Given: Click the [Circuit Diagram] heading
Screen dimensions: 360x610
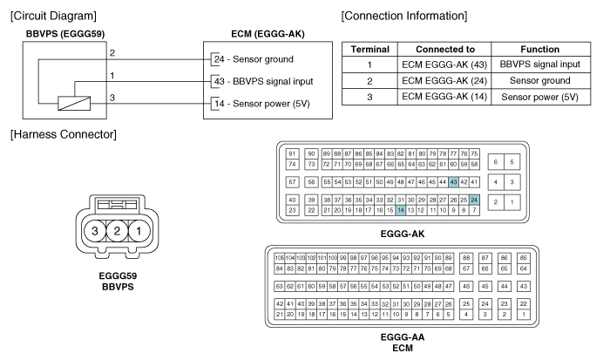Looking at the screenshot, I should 51,16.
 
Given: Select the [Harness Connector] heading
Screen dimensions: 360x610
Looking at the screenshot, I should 59,134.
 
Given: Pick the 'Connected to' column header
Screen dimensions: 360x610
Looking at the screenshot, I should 444,50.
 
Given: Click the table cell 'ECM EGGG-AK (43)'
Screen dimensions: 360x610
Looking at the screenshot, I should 444,65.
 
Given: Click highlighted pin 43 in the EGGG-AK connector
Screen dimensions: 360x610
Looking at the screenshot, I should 453,181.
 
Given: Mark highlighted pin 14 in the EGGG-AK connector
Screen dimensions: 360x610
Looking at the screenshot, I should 400,210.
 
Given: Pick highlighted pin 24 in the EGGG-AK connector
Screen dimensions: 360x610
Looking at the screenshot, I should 474,200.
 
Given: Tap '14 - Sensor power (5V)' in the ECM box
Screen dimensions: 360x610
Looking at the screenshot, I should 262,103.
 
